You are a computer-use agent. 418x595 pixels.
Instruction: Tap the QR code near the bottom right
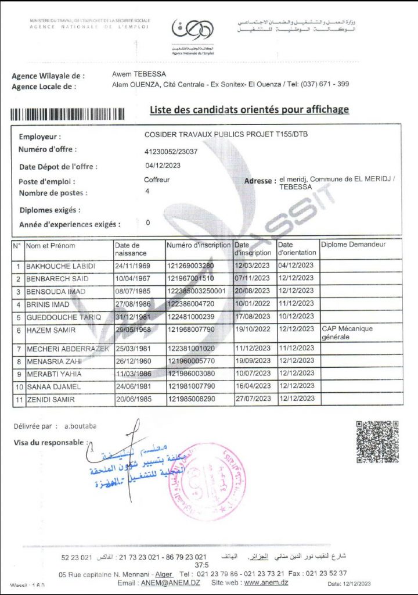coord(377,442)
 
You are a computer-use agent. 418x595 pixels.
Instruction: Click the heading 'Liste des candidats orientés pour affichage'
coord(250,109)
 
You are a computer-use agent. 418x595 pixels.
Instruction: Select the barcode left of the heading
coord(75,114)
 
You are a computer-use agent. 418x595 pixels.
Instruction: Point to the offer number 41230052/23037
coord(171,152)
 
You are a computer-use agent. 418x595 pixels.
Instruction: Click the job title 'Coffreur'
coord(157,180)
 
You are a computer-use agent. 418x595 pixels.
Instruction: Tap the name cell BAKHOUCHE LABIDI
coord(60,267)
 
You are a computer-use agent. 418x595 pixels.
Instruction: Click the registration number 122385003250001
coord(197,291)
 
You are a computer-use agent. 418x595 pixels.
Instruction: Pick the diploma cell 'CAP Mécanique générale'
coord(347,332)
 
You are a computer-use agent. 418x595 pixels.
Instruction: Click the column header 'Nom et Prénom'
coord(51,245)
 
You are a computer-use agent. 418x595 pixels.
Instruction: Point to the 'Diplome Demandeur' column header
coord(353,245)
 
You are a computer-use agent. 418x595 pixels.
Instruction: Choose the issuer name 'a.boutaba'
coord(81,426)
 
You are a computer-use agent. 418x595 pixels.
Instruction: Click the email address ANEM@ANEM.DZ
coord(171,583)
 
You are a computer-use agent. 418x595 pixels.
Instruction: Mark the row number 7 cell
coord(19,349)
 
